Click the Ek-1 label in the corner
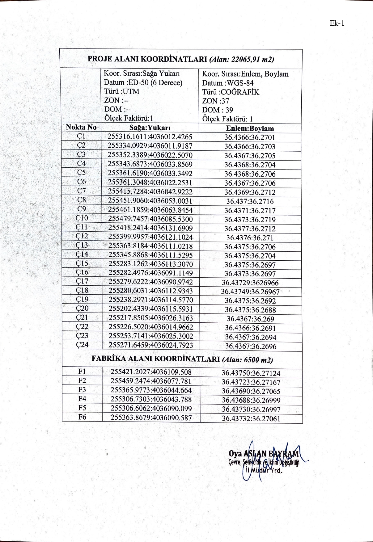pos(337,23)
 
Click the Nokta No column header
pos(81,127)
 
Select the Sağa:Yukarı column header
pos(150,128)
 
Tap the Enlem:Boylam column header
pos(250,128)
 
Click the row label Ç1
pos(81,136)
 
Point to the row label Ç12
pos(82,236)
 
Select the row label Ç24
pos(82,345)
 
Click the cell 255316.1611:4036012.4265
pos(150,137)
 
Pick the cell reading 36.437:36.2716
pos(250,201)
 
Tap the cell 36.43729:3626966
pos(250,283)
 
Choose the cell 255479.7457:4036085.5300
pos(150,219)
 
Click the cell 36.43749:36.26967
pos(250,292)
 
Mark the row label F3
pos(82,390)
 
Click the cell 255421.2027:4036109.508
pos(151,372)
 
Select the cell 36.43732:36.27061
pos(251,418)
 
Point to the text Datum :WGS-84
pos(228,83)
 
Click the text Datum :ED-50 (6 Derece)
pos(143,82)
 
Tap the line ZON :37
pos(215,101)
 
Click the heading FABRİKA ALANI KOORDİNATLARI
pos(156,359)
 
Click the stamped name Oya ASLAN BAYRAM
pos(264,453)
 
